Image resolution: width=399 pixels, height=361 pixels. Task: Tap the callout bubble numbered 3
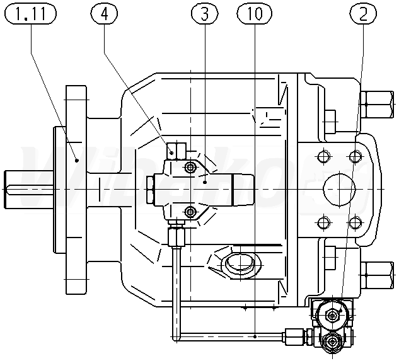pyautogui.click(x=202, y=14)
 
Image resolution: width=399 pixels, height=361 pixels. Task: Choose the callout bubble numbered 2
pyautogui.click(x=363, y=14)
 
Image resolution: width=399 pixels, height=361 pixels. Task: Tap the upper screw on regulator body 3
pyautogui.click(x=188, y=168)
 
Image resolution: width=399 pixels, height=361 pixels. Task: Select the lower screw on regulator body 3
pyautogui.click(x=188, y=210)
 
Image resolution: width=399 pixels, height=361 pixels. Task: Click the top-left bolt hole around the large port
pyautogui.click(x=323, y=156)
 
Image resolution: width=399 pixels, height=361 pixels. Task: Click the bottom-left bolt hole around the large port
pyautogui.click(x=323, y=222)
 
